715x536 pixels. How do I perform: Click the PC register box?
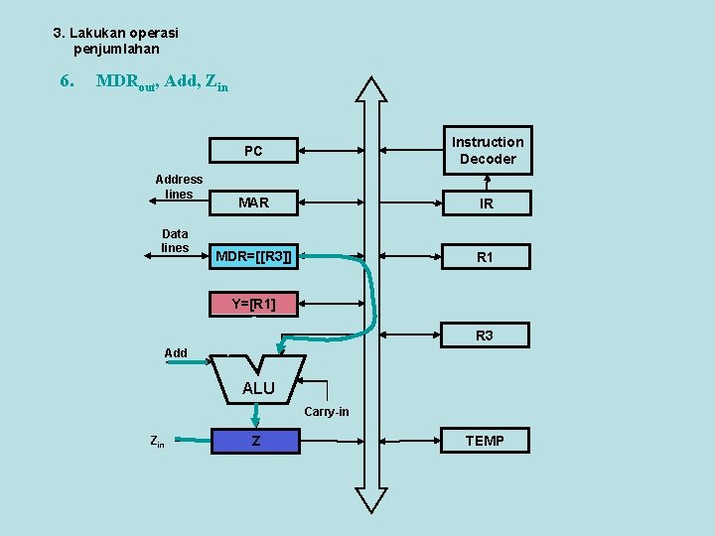[x=254, y=151]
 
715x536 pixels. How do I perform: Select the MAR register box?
[x=254, y=202]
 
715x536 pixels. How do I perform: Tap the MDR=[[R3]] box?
[x=254, y=257]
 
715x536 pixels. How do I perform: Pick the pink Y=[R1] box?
[x=254, y=304]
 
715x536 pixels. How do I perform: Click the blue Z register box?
[x=255, y=440]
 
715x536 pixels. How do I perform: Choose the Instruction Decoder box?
[x=487, y=151]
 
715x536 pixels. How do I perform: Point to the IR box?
[x=487, y=203]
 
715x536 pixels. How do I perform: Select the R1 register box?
[x=486, y=257]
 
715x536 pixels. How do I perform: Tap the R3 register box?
[x=485, y=335]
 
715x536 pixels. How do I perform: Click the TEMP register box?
[x=485, y=440]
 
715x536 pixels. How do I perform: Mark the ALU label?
[x=258, y=388]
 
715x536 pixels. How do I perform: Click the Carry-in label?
[x=327, y=411]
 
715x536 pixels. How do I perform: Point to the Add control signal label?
[x=176, y=352]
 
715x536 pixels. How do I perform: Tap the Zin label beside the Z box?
[x=157, y=441]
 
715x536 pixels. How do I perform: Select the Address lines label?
[x=179, y=187]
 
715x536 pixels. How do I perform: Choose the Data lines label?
[x=175, y=240]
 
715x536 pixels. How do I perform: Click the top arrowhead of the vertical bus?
[x=372, y=89]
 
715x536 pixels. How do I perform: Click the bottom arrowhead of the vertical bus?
[x=371, y=500]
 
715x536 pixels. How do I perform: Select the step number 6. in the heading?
[x=68, y=80]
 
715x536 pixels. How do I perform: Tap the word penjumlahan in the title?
[x=116, y=49]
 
